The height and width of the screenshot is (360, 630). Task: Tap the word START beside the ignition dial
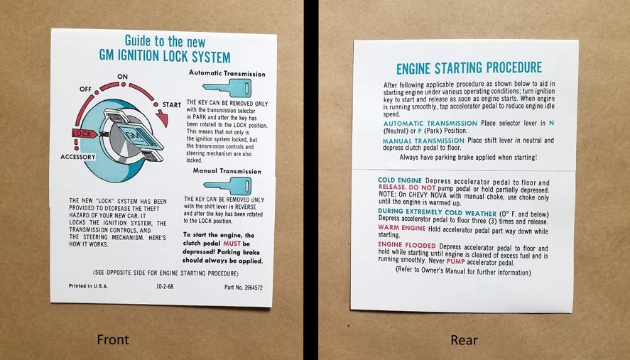172,105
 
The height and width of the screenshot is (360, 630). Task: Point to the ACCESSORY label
78,157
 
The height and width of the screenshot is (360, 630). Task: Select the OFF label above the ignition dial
85,89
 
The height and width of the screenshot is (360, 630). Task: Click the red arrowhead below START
163,118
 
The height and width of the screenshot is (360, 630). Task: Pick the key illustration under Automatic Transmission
227,87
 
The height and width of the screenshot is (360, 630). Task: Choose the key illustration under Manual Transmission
227,186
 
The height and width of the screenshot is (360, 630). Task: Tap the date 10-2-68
165,286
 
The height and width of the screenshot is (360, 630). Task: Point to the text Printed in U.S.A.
88,286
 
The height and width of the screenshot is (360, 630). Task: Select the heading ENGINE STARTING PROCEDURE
469,68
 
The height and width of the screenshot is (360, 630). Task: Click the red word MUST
232,244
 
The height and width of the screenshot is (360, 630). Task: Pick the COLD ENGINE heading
400,180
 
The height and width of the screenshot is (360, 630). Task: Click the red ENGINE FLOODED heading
406,245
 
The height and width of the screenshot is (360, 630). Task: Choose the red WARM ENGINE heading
402,228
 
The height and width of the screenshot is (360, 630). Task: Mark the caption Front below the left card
113,340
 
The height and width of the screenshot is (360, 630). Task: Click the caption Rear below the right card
464,340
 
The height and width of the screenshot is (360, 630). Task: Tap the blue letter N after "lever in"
551,123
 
